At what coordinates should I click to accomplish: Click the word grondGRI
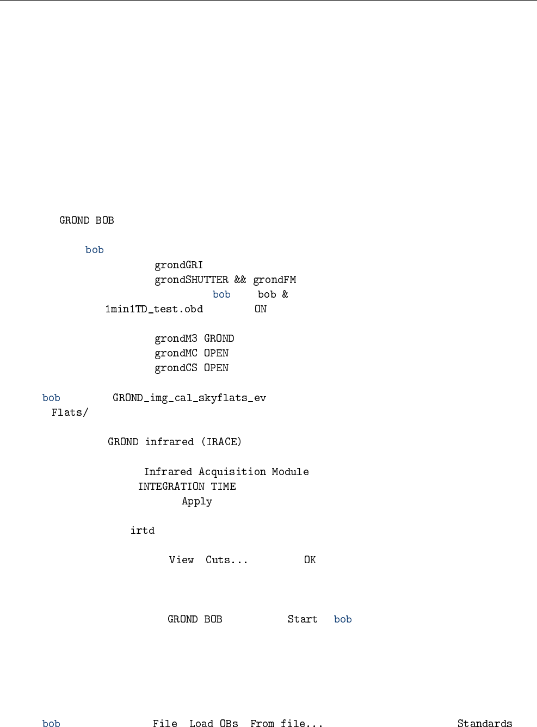178,265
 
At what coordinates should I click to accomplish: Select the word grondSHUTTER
192,280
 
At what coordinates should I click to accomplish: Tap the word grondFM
275,280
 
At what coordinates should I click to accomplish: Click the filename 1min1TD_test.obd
154,309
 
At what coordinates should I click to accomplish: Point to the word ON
261,309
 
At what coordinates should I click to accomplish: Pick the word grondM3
176,338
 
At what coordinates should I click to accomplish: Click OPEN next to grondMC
216,353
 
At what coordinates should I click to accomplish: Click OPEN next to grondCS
216,368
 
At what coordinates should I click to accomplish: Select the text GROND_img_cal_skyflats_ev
189,398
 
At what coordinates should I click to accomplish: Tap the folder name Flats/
70,412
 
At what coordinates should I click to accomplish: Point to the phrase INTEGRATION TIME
187,486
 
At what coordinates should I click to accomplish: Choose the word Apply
197,501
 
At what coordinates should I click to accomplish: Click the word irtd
143,531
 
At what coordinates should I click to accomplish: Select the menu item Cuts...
226,560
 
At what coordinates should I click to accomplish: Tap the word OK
310,560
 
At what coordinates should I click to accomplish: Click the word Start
303,619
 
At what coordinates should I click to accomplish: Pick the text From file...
286,723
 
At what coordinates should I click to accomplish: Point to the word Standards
485,723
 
